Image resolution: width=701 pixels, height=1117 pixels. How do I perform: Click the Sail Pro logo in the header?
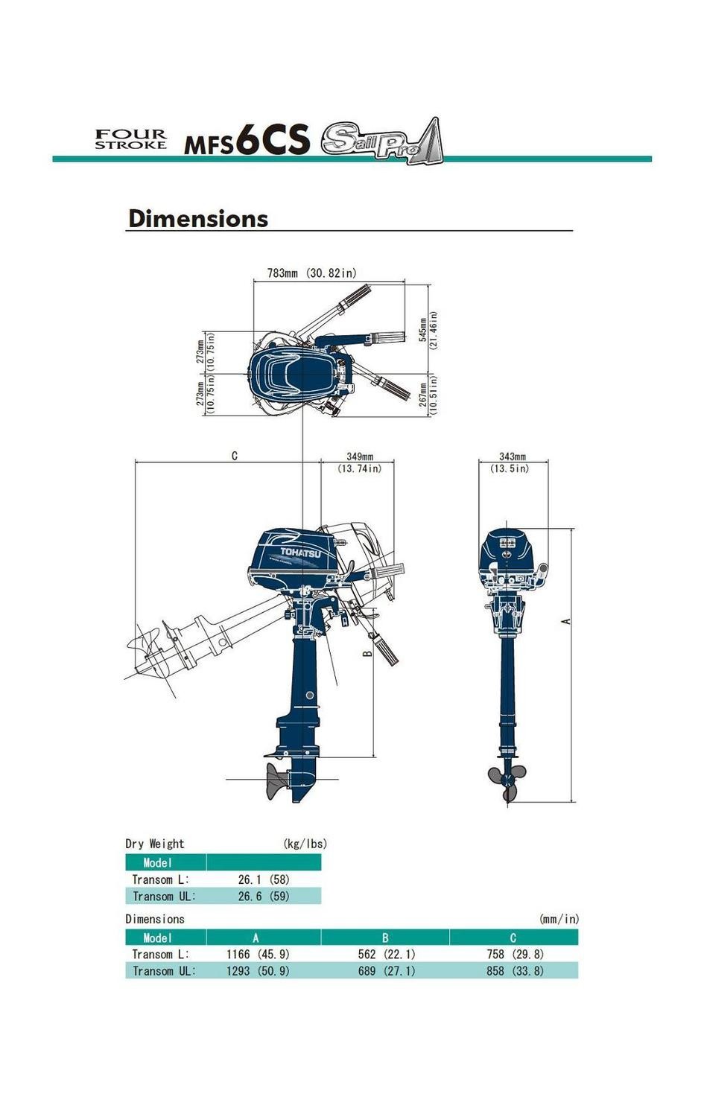(381, 141)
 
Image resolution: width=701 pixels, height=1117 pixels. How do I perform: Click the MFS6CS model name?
(247, 140)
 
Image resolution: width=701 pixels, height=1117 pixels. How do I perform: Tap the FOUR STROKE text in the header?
(130, 139)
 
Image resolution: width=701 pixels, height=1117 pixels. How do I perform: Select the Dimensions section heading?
(198, 218)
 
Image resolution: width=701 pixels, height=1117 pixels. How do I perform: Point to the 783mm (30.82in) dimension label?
(311, 273)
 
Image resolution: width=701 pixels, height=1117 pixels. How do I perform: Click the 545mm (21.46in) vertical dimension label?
(428, 328)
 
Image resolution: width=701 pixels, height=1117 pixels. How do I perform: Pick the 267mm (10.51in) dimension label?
(428, 394)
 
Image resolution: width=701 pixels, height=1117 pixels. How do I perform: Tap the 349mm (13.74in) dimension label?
(359, 462)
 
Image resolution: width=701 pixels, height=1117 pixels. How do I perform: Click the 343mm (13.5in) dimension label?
(512, 462)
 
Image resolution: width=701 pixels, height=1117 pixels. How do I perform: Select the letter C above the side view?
(235, 456)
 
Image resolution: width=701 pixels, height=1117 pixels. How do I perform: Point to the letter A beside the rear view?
(566, 621)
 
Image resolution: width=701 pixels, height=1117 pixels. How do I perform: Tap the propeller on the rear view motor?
(507, 780)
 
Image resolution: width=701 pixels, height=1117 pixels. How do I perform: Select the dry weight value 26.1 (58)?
(264, 879)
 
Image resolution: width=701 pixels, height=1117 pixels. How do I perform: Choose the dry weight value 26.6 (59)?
(264, 897)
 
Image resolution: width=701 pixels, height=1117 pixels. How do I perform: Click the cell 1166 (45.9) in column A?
(258, 954)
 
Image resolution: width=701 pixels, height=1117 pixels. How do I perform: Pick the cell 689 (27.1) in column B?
(387, 971)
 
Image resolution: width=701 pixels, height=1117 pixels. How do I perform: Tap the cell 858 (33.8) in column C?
(515, 971)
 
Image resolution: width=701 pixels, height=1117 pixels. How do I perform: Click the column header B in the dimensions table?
(385, 938)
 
